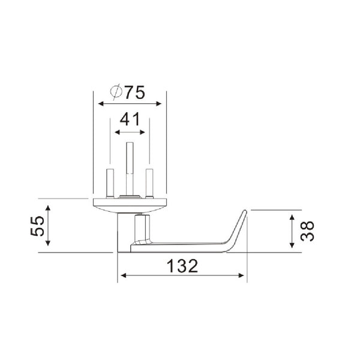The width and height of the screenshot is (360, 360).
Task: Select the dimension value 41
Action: [130, 119]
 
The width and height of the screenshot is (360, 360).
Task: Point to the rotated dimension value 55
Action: [37, 227]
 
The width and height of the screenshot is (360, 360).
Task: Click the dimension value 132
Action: [181, 266]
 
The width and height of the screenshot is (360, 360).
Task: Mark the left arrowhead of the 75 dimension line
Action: [100, 104]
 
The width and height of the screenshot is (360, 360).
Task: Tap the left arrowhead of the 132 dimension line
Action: [122, 277]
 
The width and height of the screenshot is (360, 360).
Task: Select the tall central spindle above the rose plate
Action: [130, 168]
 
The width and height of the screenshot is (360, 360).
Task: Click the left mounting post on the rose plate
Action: [110, 182]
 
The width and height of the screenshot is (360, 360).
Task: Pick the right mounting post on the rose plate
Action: [149, 182]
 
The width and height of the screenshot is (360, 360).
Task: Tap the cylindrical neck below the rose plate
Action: [124, 231]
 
